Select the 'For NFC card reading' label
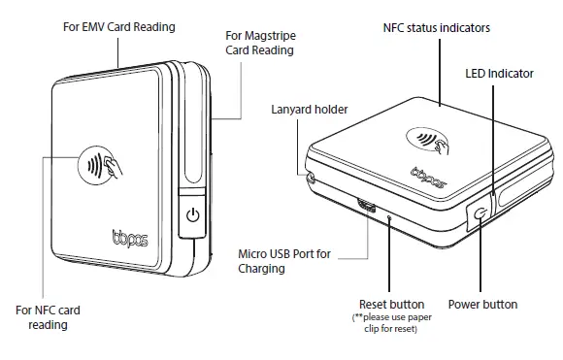pyautogui.click(x=48, y=317)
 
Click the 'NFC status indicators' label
pyautogui.click(x=436, y=28)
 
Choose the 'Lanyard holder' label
pyautogui.click(x=308, y=110)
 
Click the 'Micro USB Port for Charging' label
pyautogui.click(x=284, y=261)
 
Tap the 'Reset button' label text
pyautogui.click(x=391, y=305)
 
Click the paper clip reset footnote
pyautogui.click(x=391, y=324)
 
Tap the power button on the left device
pyautogui.click(x=192, y=214)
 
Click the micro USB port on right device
pyautogui.click(x=367, y=206)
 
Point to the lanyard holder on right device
pyautogui.click(x=313, y=178)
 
